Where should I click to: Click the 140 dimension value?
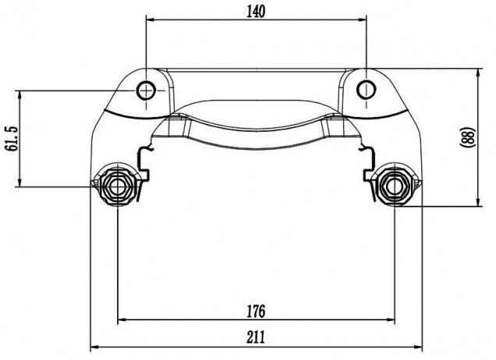click(x=256, y=12)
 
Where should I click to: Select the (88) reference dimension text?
click(x=467, y=136)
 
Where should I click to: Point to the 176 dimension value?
click(x=256, y=311)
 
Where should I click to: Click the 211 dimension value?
click(x=256, y=337)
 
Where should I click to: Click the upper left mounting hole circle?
click(x=146, y=90)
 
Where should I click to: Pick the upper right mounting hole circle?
click(x=367, y=90)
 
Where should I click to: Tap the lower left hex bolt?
click(x=117, y=186)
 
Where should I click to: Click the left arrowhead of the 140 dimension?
click(x=150, y=20)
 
